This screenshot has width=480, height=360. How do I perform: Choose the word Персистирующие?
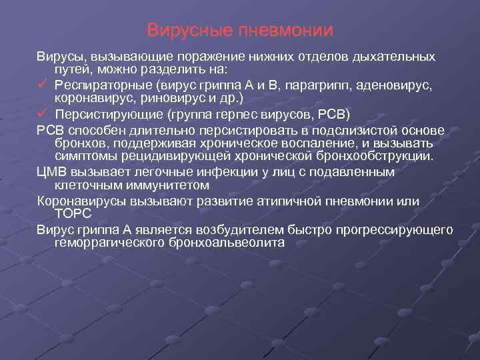click(x=107, y=113)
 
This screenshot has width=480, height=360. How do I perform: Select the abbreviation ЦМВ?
click(x=51, y=172)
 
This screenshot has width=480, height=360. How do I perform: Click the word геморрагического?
click(x=111, y=243)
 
